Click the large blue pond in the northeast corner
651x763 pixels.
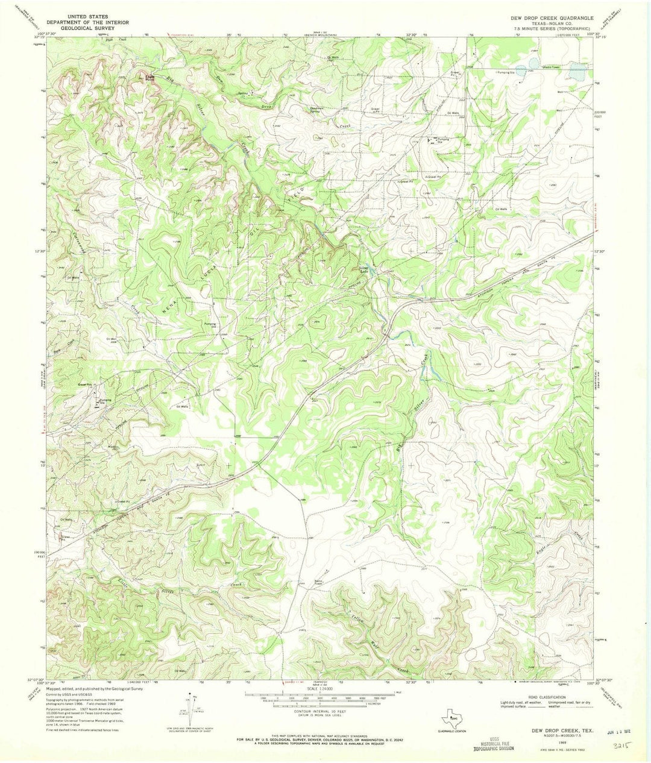tap(577, 73)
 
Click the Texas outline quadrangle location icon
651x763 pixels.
tap(456, 719)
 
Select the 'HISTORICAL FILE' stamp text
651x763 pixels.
tap(493, 742)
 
